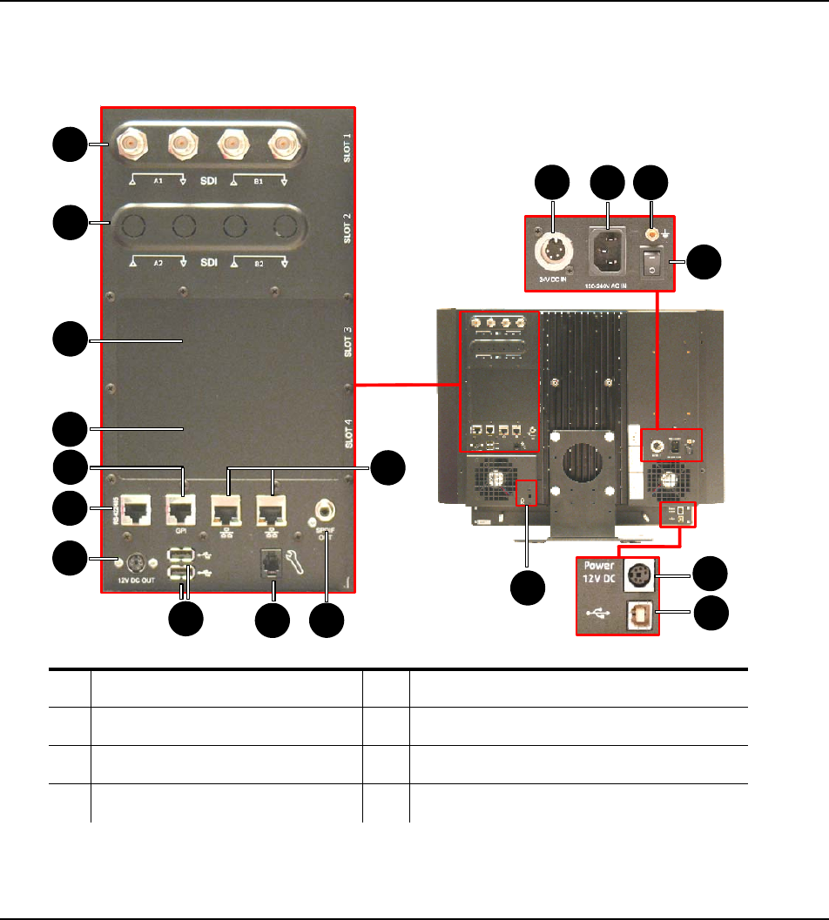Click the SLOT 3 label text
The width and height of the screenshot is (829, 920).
[347, 342]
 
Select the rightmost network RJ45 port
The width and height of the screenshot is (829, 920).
[272, 507]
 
